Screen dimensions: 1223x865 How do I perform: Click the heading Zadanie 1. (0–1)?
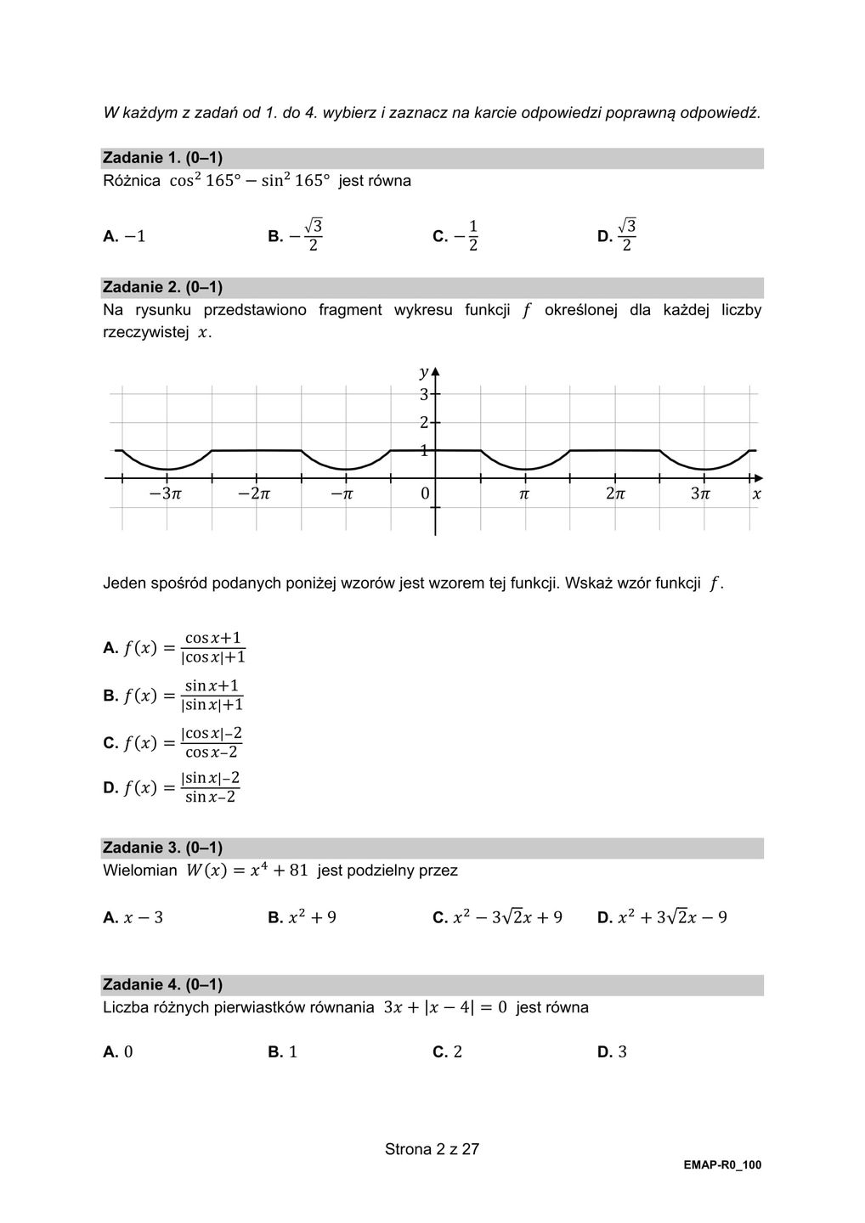coord(162,158)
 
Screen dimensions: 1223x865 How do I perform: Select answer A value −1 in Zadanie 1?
coord(125,236)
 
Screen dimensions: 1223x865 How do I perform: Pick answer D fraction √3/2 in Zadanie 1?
coord(618,235)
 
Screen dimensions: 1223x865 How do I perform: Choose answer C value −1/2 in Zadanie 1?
coord(455,235)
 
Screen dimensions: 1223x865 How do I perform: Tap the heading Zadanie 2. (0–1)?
coord(162,287)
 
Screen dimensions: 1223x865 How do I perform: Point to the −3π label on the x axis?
coord(165,493)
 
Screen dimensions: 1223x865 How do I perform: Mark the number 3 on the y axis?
coord(423,394)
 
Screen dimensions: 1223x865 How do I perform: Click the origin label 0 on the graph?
coord(425,493)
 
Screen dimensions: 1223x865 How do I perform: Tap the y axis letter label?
coord(423,372)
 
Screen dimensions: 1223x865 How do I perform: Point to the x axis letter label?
coord(756,493)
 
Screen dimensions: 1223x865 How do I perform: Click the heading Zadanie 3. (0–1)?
coord(162,848)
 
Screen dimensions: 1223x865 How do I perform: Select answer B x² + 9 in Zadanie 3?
coord(302,917)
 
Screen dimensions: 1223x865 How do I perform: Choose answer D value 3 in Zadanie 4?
coord(613,1051)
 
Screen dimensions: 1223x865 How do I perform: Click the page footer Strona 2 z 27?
coord(432,1149)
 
